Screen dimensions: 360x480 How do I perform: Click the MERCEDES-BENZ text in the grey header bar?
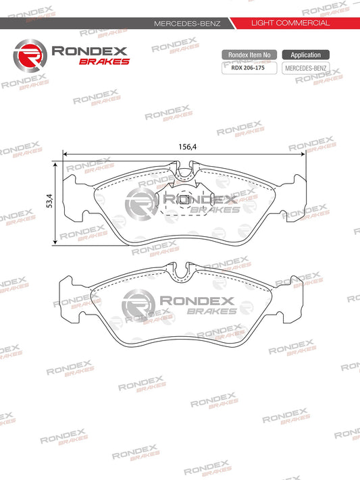point(187,24)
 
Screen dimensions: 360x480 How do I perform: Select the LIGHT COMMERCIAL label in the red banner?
point(290,23)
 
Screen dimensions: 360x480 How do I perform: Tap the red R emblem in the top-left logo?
point(30,56)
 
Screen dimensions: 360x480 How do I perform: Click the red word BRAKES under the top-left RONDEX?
point(105,61)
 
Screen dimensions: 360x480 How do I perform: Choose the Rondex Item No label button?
point(249,55)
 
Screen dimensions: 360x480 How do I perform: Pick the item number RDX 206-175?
point(248,68)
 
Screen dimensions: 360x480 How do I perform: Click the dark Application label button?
point(306,55)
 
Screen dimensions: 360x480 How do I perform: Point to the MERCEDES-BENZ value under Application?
point(305,68)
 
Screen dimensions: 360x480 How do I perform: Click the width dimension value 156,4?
point(188,147)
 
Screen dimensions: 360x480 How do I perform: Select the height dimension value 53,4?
point(49,201)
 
